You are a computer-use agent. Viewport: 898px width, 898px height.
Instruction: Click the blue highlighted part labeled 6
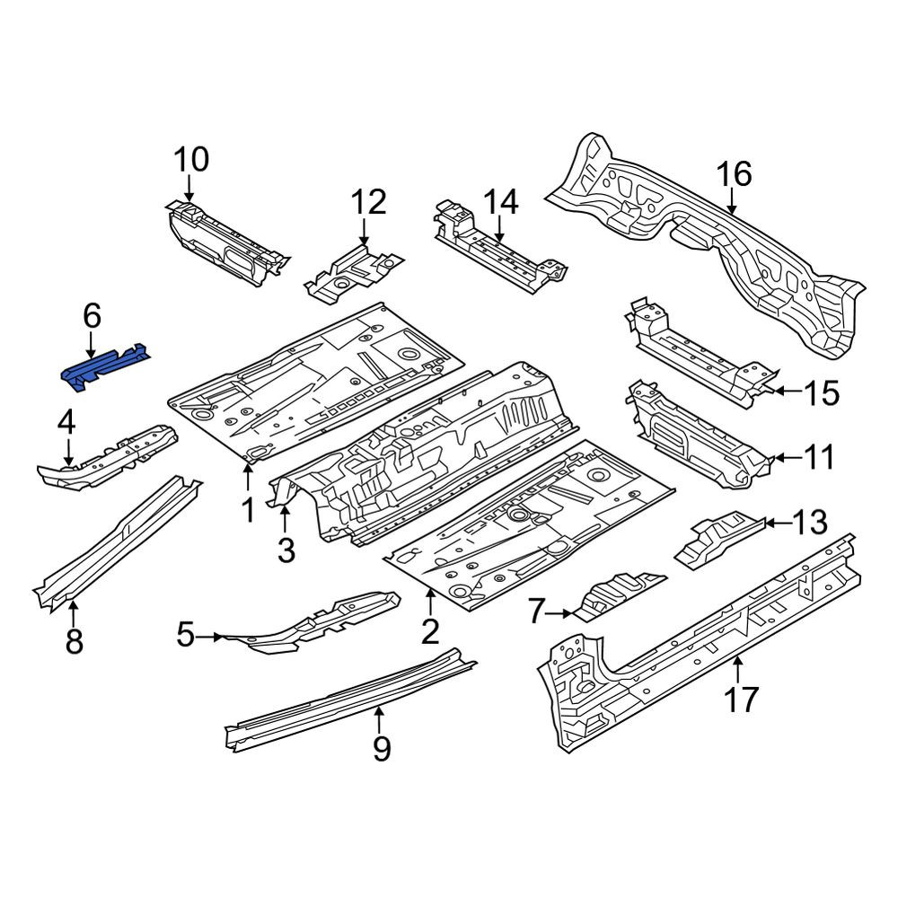tap(105, 367)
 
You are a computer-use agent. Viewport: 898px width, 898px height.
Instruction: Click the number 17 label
tap(741, 699)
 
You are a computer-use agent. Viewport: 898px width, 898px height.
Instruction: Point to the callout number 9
tap(382, 748)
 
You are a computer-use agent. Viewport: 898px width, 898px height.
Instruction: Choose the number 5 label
tap(186, 635)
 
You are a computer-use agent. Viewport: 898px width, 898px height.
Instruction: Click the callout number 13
tap(810, 522)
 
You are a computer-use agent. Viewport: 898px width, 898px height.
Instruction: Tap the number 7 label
tap(535, 612)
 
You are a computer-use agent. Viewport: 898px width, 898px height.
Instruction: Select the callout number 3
tap(286, 550)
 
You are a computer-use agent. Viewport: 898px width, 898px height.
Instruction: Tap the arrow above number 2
tap(430, 604)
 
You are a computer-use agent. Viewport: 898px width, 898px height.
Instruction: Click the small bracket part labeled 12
tap(354, 273)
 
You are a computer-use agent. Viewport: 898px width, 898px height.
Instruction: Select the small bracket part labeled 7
tap(620, 596)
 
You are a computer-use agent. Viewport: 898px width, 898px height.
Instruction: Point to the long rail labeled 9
tap(350, 700)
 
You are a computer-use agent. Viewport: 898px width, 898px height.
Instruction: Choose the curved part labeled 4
tap(108, 457)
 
